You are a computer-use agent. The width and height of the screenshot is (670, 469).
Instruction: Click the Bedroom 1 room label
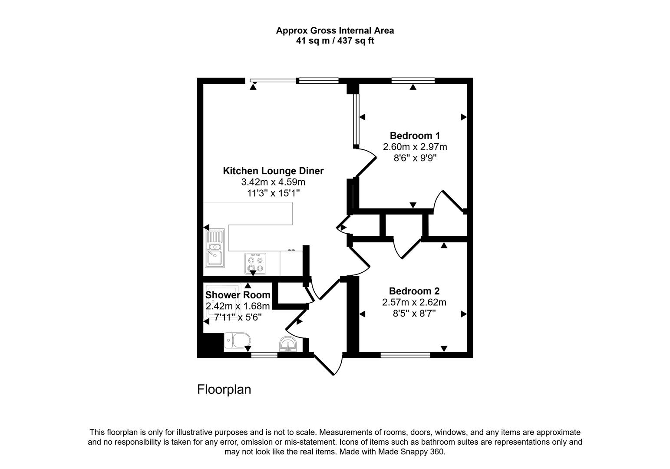[414, 135]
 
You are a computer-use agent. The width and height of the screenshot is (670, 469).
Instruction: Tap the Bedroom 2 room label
[414, 291]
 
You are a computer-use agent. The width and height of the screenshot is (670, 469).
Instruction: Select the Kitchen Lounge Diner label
[273, 171]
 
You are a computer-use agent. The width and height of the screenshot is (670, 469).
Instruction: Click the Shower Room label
[238, 295]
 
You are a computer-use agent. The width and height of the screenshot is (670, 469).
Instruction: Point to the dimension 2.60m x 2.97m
[415, 147]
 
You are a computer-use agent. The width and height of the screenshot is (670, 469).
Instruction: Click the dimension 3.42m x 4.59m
[273, 182]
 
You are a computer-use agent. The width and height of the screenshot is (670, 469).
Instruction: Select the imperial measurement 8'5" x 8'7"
[414, 313]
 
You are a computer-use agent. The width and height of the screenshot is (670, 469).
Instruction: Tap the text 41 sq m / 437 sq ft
[335, 41]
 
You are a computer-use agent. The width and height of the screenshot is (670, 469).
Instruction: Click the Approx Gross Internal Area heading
[335, 30]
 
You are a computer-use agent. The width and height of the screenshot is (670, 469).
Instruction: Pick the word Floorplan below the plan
[224, 390]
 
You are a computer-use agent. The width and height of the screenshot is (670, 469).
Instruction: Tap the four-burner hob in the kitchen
[255, 264]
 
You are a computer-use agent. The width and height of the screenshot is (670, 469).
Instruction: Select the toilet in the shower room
[237, 341]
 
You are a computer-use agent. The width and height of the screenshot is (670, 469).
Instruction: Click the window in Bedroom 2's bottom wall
[405, 355]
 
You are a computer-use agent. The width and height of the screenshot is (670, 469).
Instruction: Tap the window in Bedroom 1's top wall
[413, 80]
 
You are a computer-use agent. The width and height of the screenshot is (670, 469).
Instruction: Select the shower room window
[264, 355]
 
